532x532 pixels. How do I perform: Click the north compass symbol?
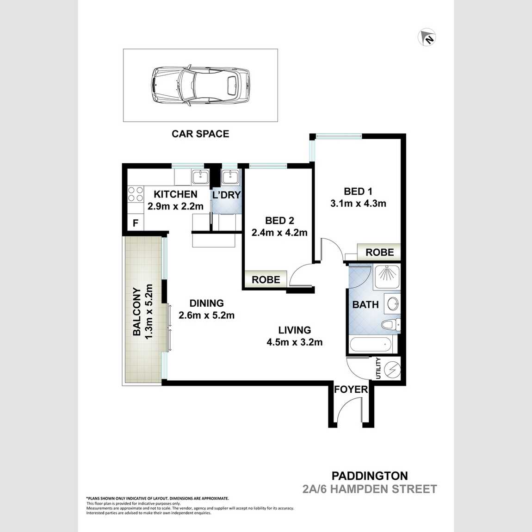click(427, 37)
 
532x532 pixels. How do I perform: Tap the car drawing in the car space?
click(200, 85)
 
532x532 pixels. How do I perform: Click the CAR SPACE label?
click(200, 134)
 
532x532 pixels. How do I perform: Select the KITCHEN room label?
click(175, 194)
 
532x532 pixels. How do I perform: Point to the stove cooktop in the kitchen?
click(135, 194)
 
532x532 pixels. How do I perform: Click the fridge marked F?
click(136, 223)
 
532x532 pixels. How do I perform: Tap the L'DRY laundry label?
click(227, 195)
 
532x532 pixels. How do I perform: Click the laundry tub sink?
click(229, 177)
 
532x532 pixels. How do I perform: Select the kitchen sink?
click(200, 177)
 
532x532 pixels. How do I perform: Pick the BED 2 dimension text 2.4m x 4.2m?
click(279, 233)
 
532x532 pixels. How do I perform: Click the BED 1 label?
click(358, 192)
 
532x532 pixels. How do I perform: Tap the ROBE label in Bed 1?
click(379, 252)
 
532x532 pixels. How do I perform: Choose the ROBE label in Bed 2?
click(266, 280)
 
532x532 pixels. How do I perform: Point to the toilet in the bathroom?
click(390, 325)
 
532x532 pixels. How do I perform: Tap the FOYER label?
click(351, 390)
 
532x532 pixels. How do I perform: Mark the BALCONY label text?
click(137, 311)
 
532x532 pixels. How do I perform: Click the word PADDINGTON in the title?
click(370, 476)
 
